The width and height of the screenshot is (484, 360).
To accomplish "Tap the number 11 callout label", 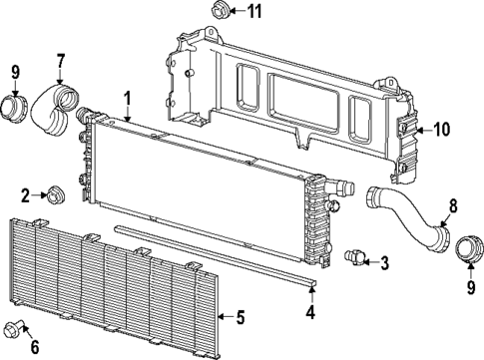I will click(x=255, y=12).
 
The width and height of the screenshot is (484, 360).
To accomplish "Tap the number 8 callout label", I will click(x=452, y=206).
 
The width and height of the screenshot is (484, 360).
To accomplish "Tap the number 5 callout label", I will click(x=240, y=318).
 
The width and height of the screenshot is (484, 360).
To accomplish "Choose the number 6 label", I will click(x=34, y=347).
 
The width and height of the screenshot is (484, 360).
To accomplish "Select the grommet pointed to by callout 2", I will click(x=56, y=192).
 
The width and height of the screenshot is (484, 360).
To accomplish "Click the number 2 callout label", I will click(x=25, y=192).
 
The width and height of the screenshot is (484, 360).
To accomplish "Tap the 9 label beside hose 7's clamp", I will click(x=15, y=71).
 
